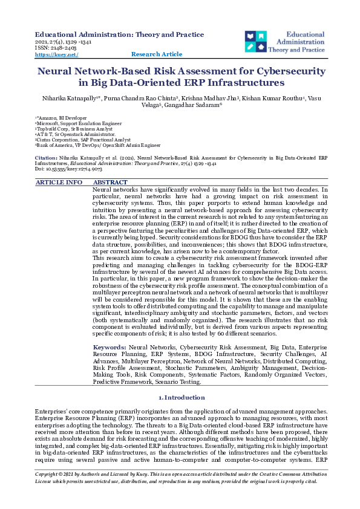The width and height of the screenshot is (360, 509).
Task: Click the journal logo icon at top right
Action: (255, 41)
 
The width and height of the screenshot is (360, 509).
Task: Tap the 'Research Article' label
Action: (156, 54)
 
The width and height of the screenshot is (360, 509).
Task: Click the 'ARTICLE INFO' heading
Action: (59, 182)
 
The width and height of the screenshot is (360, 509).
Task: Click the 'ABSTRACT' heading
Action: (110, 182)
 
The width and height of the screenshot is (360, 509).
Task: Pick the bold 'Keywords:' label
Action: (110, 348)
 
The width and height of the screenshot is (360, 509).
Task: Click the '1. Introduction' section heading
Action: (181, 397)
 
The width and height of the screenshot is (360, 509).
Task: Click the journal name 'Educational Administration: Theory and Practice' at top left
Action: (119, 35)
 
